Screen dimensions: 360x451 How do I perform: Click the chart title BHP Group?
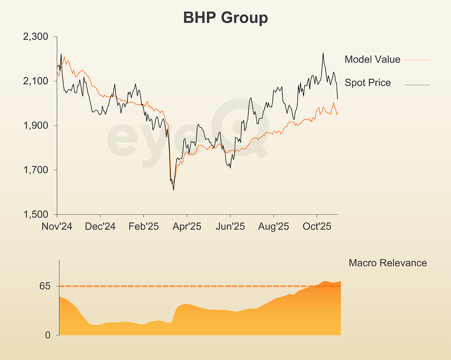[225, 18]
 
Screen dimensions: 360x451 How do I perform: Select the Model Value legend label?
[372, 59]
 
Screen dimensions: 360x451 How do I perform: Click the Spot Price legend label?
[368, 83]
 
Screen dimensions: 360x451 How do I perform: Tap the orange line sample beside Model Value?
[417, 60]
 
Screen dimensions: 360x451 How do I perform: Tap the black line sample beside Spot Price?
[417, 85]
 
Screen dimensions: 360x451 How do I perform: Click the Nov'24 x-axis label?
[57, 227]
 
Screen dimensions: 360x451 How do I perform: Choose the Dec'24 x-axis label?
[100, 227]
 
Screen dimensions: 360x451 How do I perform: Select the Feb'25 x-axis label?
[144, 227]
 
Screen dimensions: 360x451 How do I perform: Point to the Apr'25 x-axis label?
[187, 227]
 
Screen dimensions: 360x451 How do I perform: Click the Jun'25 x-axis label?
[230, 227]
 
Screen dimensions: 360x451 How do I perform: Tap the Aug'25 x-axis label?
[273, 227]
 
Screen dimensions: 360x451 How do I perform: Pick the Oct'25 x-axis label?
[317, 227]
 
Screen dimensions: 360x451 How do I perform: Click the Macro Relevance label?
[388, 263]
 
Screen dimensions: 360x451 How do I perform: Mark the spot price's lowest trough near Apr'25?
[174, 190]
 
